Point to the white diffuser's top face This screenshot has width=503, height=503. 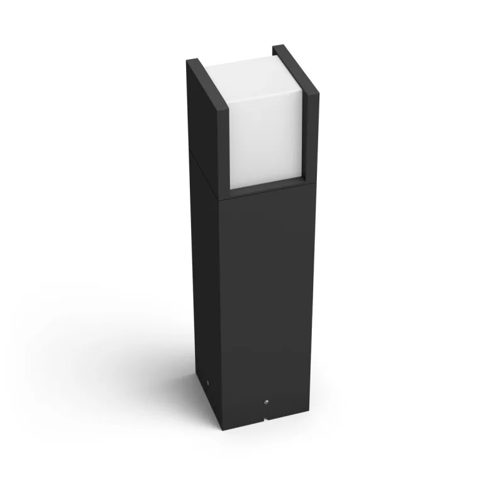point(243,62)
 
